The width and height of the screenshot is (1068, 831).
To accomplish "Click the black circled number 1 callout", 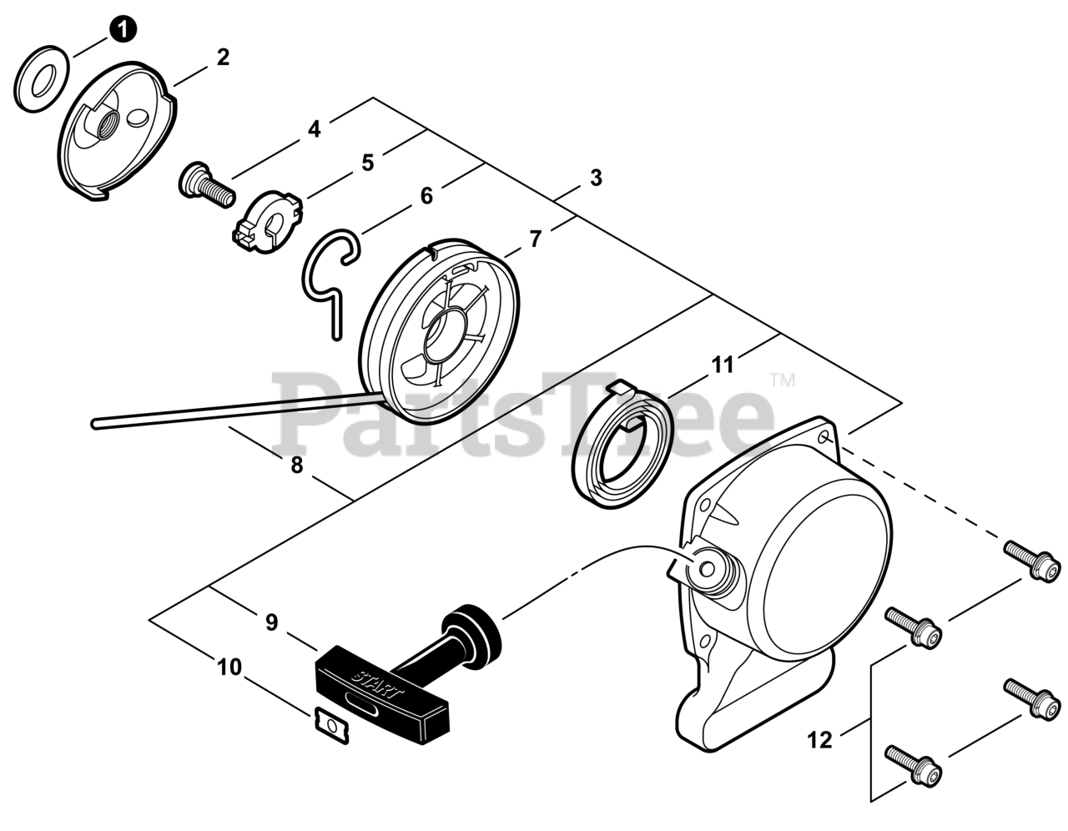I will pyautogui.click(x=122, y=30).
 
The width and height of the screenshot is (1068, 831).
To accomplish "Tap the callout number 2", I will pyautogui.click(x=223, y=58).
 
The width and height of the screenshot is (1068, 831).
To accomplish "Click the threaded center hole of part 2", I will pyautogui.click(x=108, y=129).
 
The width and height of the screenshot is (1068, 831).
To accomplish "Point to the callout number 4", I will pyautogui.click(x=314, y=129).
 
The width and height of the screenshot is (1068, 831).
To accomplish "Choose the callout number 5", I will pyautogui.click(x=367, y=163).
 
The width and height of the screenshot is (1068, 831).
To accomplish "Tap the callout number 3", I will pyautogui.click(x=596, y=178).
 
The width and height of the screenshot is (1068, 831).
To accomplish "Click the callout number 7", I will pyautogui.click(x=536, y=239).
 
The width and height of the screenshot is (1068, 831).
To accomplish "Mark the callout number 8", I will pyautogui.click(x=297, y=466).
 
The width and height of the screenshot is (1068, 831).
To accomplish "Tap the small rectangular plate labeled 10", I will pyautogui.click(x=330, y=724).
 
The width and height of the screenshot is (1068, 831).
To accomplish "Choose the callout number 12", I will pyautogui.click(x=821, y=739).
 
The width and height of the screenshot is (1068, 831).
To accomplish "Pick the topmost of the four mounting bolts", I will pyautogui.click(x=1033, y=559).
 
